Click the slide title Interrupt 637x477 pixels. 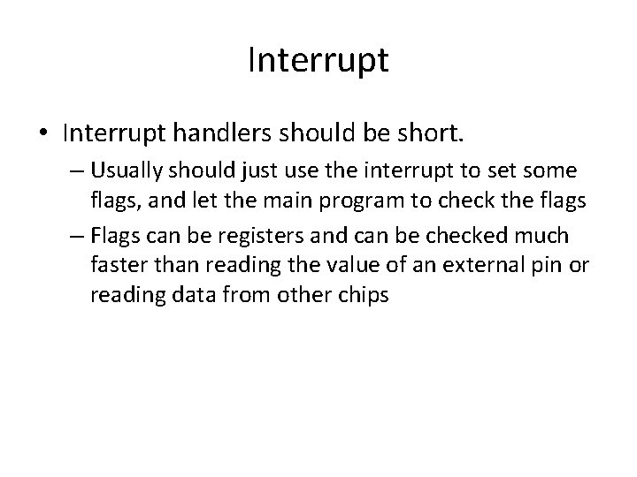pos(318,62)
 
